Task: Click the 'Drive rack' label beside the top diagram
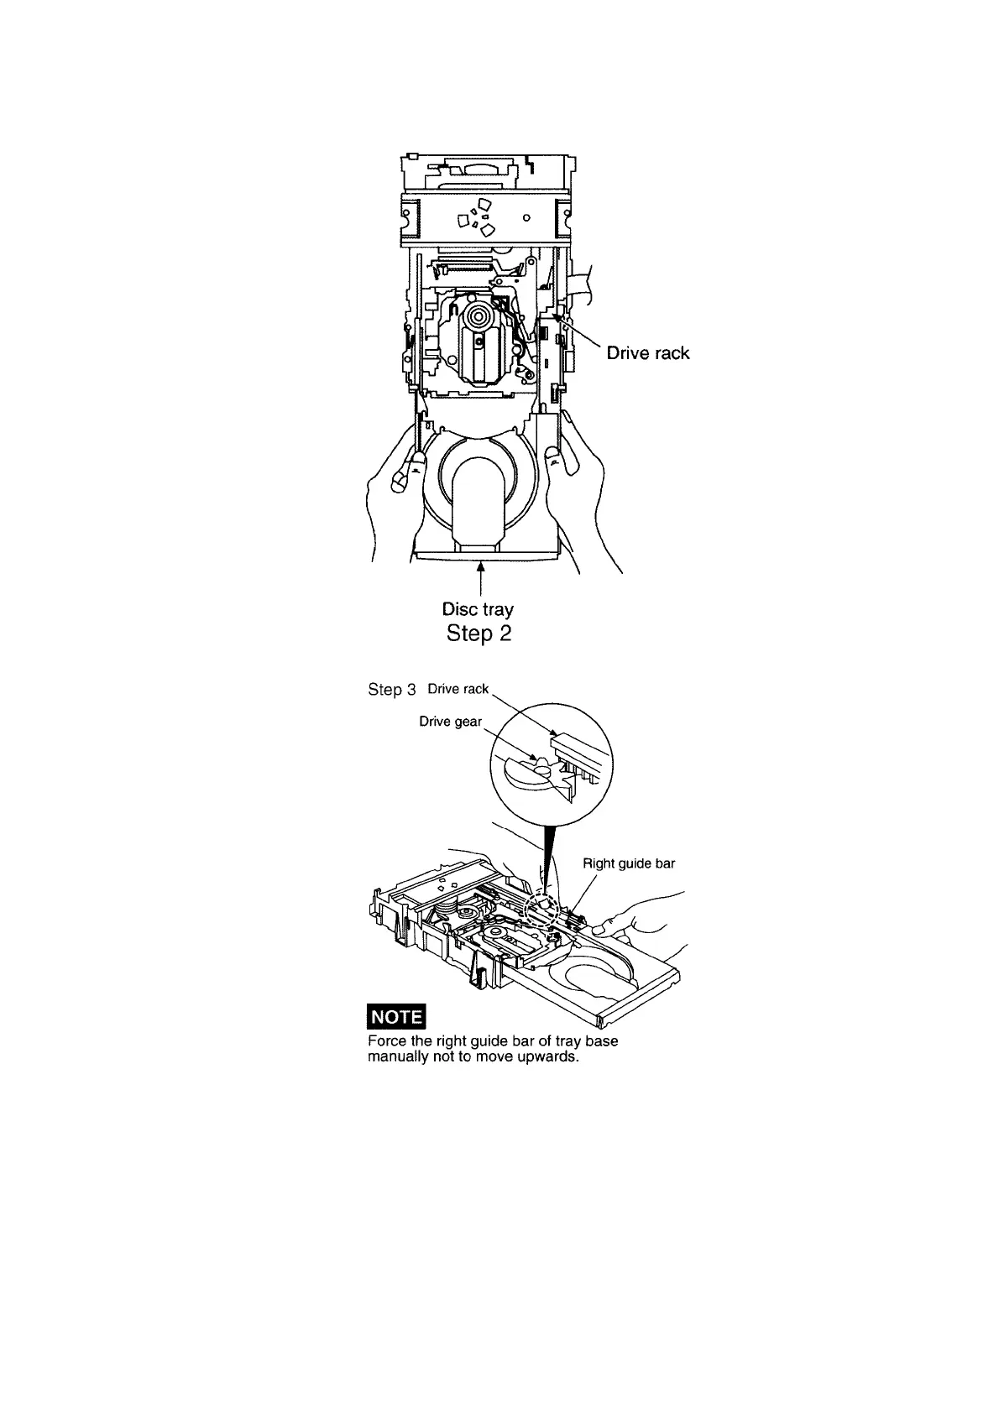tap(648, 353)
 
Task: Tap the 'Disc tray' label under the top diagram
tap(478, 608)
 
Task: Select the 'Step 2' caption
tap(479, 633)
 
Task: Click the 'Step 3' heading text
tap(392, 690)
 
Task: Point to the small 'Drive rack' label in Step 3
tap(458, 689)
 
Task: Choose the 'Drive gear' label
tap(450, 722)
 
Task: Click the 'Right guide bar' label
tap(629, 863)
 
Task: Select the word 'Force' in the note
tap(385, 1041)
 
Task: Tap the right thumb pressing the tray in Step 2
tap(553, 456)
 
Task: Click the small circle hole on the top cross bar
tap(526, 217)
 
